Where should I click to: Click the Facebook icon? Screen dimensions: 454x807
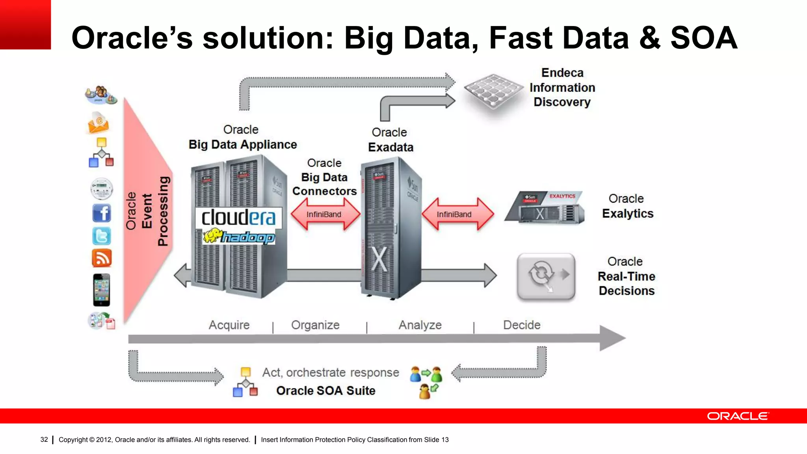click(x=102, y=213)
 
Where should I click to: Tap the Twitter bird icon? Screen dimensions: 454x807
click(x=102, y=236)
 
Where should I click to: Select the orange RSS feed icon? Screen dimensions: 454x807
click(x=102, y=259)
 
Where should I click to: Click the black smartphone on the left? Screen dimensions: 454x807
click(x=102, y=290)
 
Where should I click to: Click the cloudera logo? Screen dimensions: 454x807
click(x=238, y=218)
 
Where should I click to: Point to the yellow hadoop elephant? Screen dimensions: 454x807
click(x=213, y=236)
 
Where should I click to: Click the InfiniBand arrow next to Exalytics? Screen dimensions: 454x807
click(x=457, y=214)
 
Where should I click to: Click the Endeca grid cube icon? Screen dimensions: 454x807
click(x=493, y=91)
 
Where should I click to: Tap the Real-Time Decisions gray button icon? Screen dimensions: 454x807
click(x=546, y=277)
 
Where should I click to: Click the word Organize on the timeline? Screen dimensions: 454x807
click(x=315, y=325)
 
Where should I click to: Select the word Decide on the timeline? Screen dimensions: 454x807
click(x=522, y=325)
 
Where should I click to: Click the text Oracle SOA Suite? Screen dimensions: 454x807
click(x=325, y=391)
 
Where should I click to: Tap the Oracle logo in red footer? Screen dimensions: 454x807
click(x=738, y=416)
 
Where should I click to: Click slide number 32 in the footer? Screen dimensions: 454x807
click(x=44, y=439)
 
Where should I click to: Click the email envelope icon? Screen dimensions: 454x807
click(x=98, y=123)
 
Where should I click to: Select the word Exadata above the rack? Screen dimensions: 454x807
click(x=390, y=147)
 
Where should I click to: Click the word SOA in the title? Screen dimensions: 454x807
click(x=704, y=38)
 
